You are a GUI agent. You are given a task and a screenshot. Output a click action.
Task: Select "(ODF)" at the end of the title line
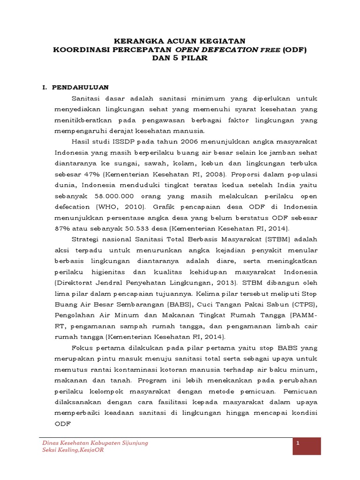click(x=295, y=50)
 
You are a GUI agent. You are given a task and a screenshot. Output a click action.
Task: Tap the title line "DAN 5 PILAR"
click(x=180, y=59)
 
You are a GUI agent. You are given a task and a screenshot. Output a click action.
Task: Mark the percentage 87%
click(x=63, y=228)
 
